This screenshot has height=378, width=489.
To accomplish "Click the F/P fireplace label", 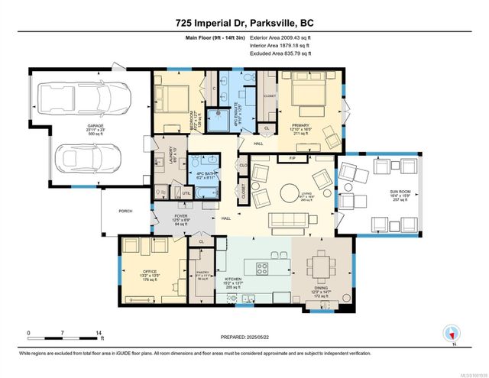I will pyautogui.click(x=291, y=159).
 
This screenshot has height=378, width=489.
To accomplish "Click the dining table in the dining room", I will pyautogui.click(x=319, y=268).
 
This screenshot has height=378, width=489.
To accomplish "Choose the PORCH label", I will pyautogui.click(x=125, y=212).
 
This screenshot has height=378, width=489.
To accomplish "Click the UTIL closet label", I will pyautogui.click(x=186, y=193).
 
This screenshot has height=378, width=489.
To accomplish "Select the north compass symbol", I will pyautogui.click(x=450, y=333).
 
